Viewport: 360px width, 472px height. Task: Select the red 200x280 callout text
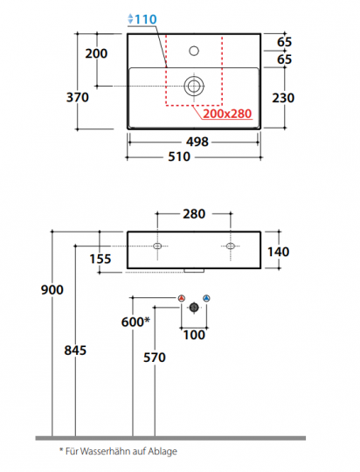(x=227, y=114)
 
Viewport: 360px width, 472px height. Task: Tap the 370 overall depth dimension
(x=78, y=97)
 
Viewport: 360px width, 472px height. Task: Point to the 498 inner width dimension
(x=197, y=142)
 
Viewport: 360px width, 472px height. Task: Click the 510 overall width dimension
(x=179, y=156)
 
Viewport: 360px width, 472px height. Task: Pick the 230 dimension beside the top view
(x=283, y=98)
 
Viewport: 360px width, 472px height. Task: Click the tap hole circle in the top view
(x=194, y=51)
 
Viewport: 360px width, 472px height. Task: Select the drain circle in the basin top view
(x=194, y=86)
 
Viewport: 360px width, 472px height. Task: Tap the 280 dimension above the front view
(x=194, y=214)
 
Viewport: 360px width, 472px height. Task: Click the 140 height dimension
(x=279, y=252)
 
